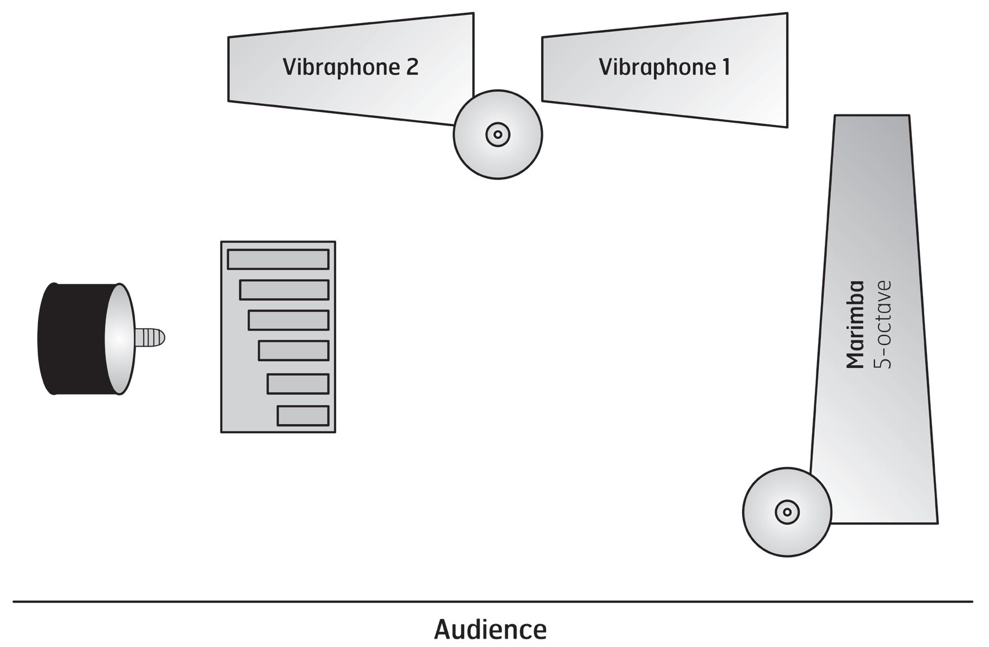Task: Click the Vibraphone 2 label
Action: pos(350,67)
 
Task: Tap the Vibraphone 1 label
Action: pos(664,67)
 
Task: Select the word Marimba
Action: pos(856,325)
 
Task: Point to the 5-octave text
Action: pos(883,325)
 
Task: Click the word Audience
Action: pos(490,629)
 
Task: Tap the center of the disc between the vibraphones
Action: pos(498,135)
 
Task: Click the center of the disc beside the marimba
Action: pos(787,511)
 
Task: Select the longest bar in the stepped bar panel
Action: pos(278,260)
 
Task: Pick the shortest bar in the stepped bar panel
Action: pos(303,416)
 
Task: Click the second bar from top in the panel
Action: pos(284,290)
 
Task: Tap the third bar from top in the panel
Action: pos(289,320)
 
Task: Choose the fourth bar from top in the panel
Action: pos(294,351)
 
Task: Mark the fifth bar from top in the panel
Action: pos(298,384)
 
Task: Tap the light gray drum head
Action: pos(121,339)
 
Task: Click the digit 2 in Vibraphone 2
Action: pos(412,67)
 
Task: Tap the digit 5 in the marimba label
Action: pos(883,362)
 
